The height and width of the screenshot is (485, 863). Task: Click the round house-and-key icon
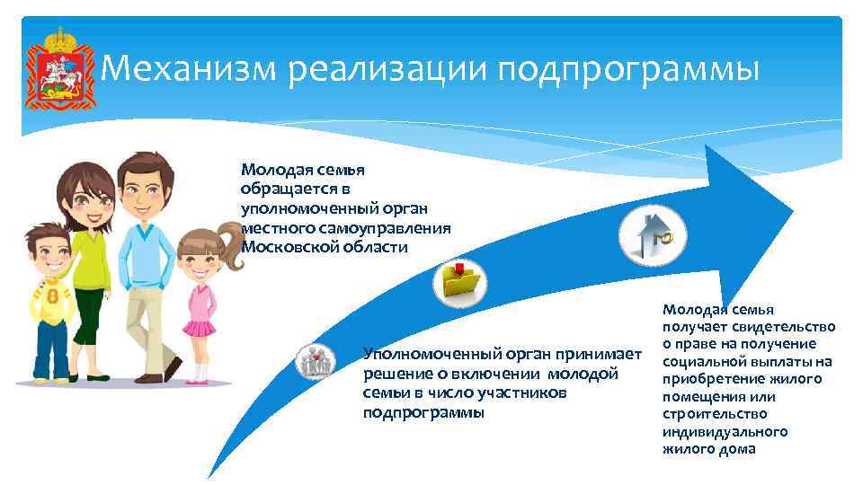pos(652,237)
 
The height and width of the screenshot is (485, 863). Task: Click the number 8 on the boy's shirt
pos(51,296)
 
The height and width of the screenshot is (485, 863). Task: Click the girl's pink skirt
pos(199,324)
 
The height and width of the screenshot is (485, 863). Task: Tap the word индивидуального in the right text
pos(725,432)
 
